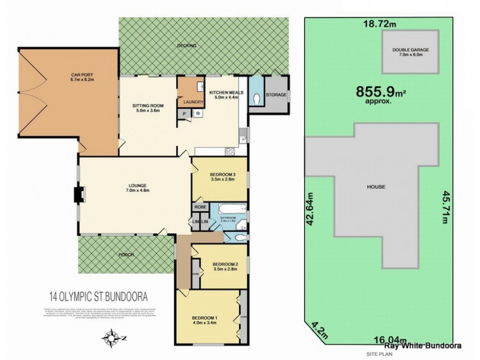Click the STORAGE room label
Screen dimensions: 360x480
click(277, 94)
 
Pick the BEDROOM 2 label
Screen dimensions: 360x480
click(225, 266)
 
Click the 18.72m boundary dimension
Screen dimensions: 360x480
click(380, 24)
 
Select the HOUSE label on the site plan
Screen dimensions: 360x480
click(376, 187)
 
